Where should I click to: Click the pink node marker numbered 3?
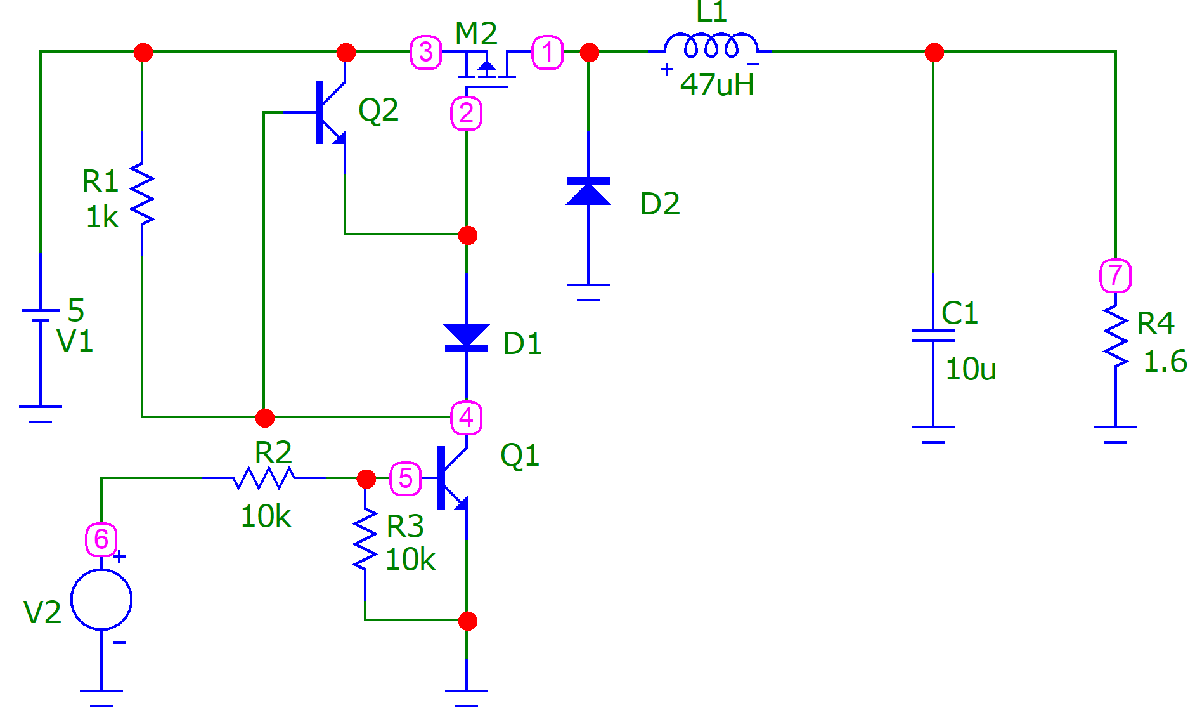coord(426,52)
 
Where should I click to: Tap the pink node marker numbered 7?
coord(1115,275)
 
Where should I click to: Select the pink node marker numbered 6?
coord(101,539)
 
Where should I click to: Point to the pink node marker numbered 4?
coord(467,418)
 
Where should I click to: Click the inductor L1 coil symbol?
coord(711,45)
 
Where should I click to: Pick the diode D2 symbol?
coord(588,191)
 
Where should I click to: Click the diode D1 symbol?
coord(467,338)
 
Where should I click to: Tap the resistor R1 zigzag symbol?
coord(142,194)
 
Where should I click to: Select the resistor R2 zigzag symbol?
coord(264,478)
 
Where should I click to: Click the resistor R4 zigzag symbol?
coord(1116,336)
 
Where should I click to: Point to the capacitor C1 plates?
coord(933,336)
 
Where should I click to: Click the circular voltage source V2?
coord(101,600)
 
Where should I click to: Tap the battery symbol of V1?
coord(41,315)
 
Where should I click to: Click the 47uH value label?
coord(717,85)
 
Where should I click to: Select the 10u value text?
coord(971,369)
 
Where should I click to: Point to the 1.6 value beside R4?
coord(1165,361)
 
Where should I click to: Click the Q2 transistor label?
coord(378,110)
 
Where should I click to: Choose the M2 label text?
coord(476,33)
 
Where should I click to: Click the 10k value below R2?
coord(266,516)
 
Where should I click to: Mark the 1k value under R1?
coord(102,217)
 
